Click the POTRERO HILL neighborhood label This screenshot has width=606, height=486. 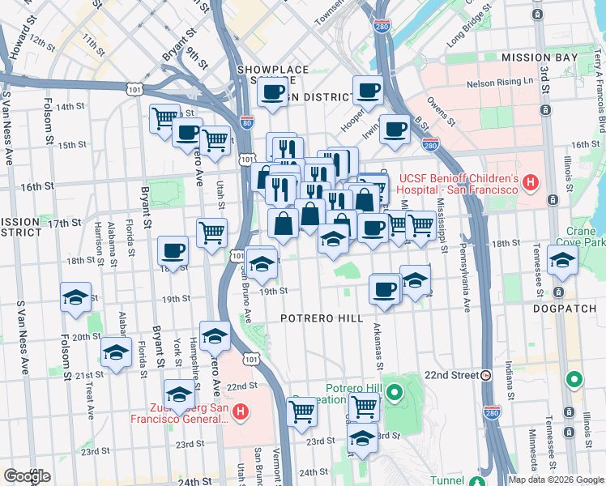322,318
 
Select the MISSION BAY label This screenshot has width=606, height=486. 539,58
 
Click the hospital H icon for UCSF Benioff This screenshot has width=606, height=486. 531,183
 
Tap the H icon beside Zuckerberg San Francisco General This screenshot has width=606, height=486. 241,413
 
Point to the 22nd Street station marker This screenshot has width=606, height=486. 485,375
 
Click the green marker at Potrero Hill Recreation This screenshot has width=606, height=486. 395,394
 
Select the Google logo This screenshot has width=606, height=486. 27,476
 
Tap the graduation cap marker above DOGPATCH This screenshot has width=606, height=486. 561,261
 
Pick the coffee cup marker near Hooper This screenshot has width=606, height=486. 368,91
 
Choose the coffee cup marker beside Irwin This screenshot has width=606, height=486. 395,129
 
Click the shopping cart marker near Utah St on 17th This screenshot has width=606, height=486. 211,232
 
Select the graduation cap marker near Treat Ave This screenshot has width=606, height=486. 116,352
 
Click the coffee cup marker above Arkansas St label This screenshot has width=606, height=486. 384,289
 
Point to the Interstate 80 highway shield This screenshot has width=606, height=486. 246,124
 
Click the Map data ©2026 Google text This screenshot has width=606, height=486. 556,479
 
